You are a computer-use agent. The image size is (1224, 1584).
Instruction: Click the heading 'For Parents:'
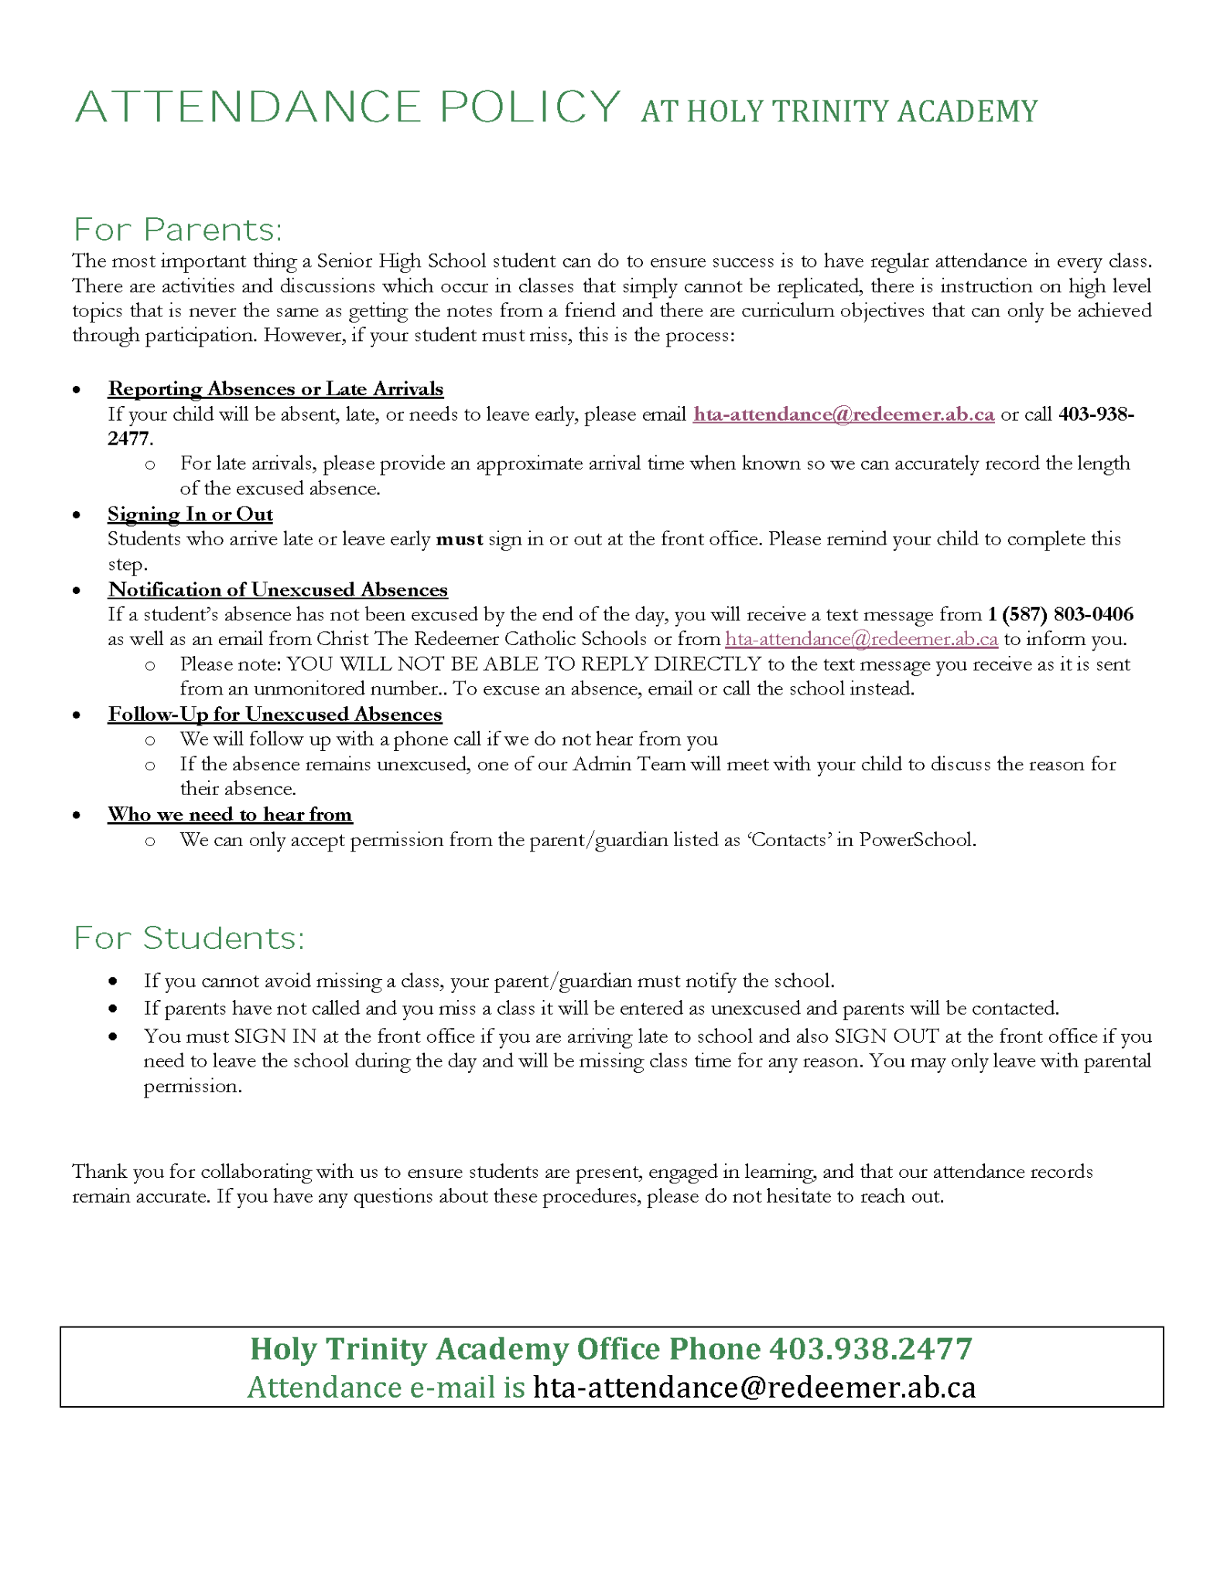[178, 230]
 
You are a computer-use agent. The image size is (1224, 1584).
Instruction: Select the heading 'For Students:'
[189, 938]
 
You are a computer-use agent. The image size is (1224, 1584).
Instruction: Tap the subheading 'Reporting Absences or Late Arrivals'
[275, 389]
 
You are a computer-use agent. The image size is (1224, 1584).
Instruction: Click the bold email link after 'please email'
[843, 415]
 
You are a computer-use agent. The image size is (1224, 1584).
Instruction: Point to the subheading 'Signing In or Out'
[190, 514]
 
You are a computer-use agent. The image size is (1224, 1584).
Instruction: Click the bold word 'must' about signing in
[460, 539]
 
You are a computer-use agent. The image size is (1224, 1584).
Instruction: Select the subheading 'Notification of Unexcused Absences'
[278, 589]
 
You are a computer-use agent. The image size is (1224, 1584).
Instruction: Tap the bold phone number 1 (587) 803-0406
[1061, 614]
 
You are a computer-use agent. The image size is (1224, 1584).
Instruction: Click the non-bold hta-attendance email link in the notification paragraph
[861, 639]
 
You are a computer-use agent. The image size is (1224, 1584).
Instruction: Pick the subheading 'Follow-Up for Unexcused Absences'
[275, 714]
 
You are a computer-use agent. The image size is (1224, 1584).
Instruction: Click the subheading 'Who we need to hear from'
[230, 814]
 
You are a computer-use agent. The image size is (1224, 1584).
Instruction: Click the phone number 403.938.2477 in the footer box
[870, 1349]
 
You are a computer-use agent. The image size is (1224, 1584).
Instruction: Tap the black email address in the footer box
[754, 1388]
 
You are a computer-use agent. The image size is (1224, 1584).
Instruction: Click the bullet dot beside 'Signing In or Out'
[77, 515]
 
